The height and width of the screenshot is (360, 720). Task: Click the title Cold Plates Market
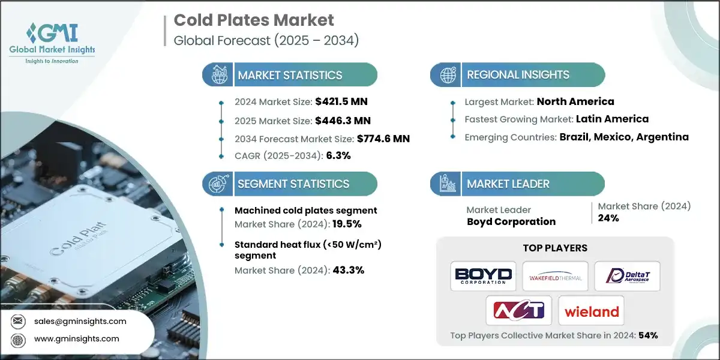[254, 20]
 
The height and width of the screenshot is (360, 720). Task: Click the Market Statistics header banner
[290, 75]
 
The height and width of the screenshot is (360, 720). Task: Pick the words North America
[575, 101]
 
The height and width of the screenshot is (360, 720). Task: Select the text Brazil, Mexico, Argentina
[624, 137]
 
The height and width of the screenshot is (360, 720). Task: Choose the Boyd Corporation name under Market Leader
[511, 221]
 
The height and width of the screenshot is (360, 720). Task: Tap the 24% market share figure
[608, 218]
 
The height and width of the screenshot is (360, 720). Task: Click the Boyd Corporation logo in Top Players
[484, 276]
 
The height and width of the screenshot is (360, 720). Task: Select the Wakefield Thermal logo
[555, 276]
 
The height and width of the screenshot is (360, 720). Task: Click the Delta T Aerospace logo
[627, 276]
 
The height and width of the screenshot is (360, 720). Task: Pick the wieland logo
[591, 311]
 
